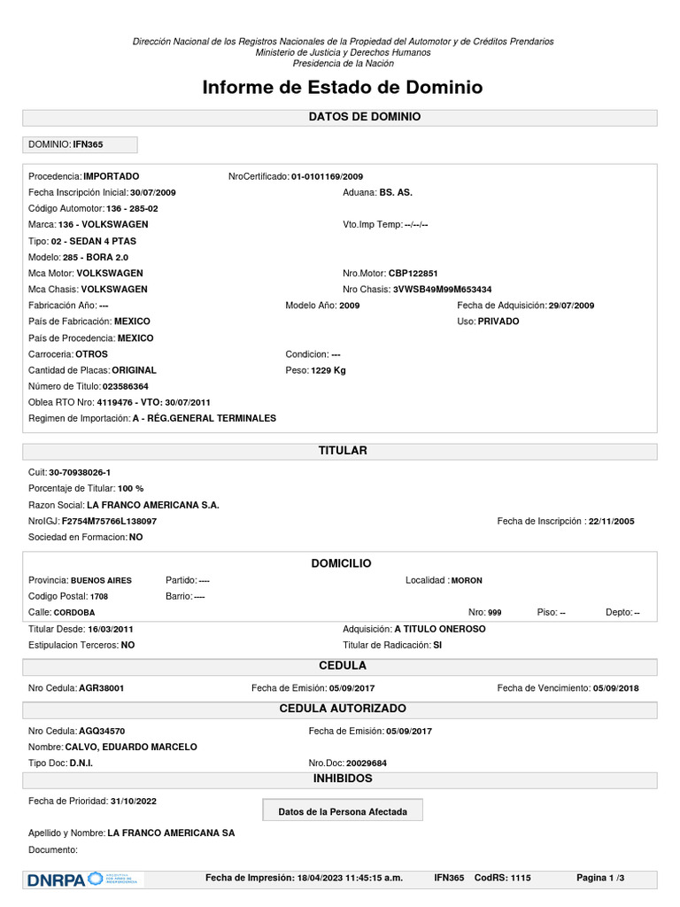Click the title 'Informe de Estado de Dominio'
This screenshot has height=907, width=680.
point(343,87)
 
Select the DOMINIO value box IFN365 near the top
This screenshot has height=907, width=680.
point(79,143)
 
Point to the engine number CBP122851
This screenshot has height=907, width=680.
point(413,273)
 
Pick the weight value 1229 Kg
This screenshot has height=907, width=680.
point(328,369)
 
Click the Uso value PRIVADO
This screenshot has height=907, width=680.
point(498,321)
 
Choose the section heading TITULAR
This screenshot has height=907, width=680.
point(343,451)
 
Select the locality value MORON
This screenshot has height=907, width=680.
point(467,580)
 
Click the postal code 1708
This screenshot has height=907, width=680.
point(98,596)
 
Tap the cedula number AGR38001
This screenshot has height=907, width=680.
point(101,687)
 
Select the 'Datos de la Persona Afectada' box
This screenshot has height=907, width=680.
point(343,810)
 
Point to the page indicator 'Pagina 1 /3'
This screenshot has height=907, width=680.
point(600,878)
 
